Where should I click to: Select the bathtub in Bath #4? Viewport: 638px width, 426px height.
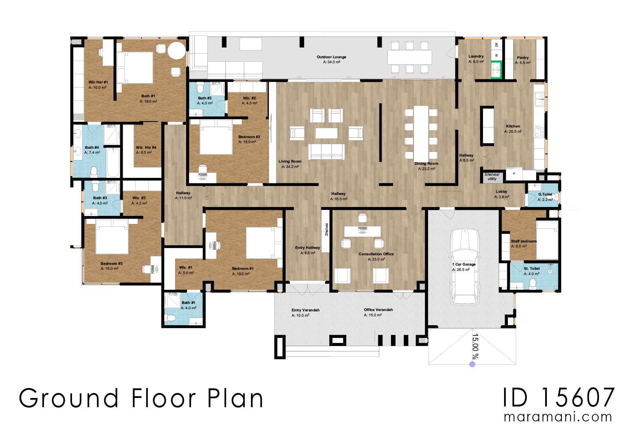pyautogui.click(x=113, y=163)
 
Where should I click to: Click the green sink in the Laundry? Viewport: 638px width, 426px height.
pyautogui.click(x=496, y=70)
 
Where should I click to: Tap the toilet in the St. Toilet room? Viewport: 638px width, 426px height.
pyautogui.click(x=532, y=284)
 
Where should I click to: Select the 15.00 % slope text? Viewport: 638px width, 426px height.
pyautogui.click(x=475, y=346)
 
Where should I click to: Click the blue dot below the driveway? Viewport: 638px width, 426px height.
pyautogui.click(x=472, y=364)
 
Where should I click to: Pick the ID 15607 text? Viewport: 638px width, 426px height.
pyautogui.click(x=559, y=398)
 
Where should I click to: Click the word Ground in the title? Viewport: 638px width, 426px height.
pyautogui.click(x=68, y=398)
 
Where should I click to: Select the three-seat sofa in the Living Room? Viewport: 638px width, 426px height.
pyautogui.click(x=326, y=152)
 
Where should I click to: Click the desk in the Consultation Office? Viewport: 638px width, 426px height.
pyautogui.click(x=362, y=231)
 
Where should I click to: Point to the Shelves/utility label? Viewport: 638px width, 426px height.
pyautogui.click(x=492, y=177)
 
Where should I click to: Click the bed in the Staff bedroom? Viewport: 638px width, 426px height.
pyautogui.click(x=547, y=240)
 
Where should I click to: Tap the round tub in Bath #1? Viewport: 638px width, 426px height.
pyautogui.click(x=177, y=50)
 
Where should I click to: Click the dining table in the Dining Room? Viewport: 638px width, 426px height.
pyautogui.click(x=421, y=132)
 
